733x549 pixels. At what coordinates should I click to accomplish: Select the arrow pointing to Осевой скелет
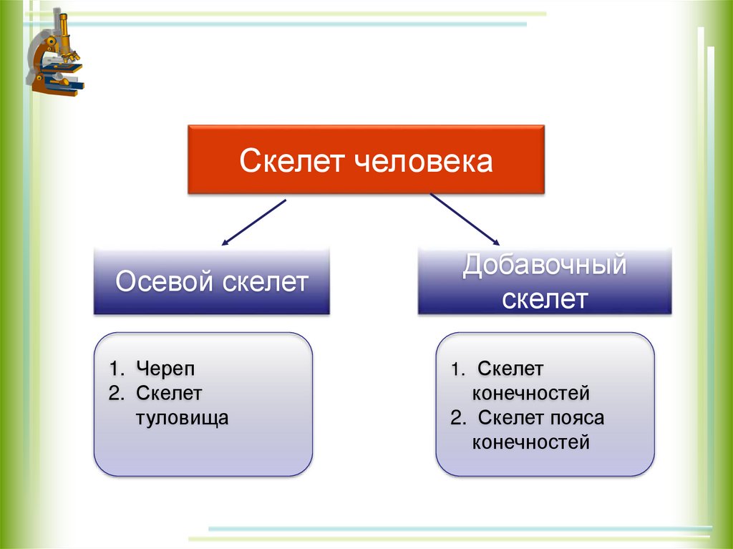point(254,222)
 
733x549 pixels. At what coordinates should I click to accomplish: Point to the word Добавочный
point(545,266)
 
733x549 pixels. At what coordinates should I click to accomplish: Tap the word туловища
point(182,417)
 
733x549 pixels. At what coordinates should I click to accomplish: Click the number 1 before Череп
point(115,369)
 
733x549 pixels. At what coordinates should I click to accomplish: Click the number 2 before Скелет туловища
point(115,393)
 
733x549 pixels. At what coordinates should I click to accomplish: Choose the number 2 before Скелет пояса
point(456,418)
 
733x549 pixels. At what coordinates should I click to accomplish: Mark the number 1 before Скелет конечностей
point(456,369)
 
